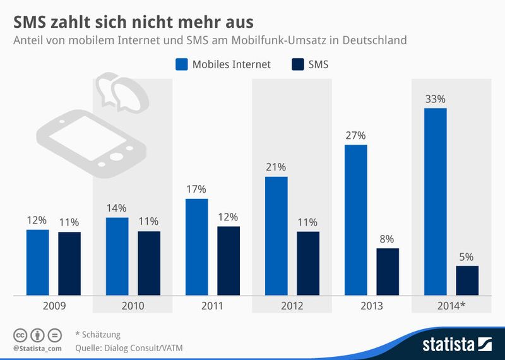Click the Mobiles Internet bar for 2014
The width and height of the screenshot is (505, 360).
pyautogui.click(x=435, y=201)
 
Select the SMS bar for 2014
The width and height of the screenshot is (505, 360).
pyautogui.click(x=467, y=280)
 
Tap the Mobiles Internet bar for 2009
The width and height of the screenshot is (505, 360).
pyautogui.click(x=37, y=262)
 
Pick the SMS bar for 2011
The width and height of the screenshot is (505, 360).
pyautogui.click(x=229, y=260)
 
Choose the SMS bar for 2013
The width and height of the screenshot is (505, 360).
pyautogui.click(x=388, y=272)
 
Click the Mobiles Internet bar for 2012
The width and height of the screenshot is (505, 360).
pyautogui.click(x=276, y=236)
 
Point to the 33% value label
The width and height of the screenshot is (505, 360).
pyautogui.click(x=435, y=99)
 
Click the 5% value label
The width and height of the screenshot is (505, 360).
pyautogui.click(x=467, y=257)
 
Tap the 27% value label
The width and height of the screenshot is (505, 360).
pyautogui.click(x=355, y=135)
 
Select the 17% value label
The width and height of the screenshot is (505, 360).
pyautogui.click(x=196, y=189)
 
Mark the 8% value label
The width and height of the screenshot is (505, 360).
pyautogui.click(x=388, y=239)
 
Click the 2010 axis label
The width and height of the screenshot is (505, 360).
pyautogui.click(x=133, y=306)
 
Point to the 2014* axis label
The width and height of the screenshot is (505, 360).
pyautogui.click(x=451, y=306)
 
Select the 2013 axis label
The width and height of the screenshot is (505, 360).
pyautogui.click(x=371, y=306)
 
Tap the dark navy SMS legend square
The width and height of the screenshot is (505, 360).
pyautogui.click(x=297, y=64)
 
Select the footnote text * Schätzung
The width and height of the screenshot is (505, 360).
pyautogui.click(x=97, y=334)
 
